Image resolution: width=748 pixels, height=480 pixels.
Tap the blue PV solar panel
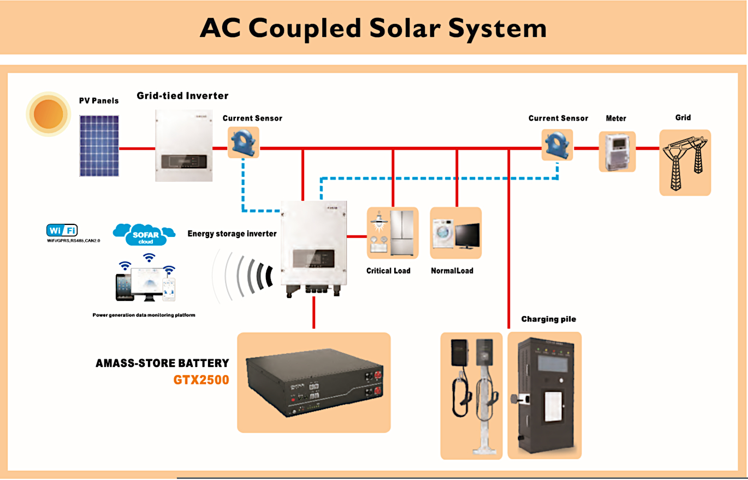[x=99, y=145]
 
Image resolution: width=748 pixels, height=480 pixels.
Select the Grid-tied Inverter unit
[x=183, y=145]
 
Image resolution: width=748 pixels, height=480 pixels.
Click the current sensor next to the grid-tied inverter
[x=243, y=143]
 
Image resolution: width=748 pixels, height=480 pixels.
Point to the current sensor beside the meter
[x=557, y=145]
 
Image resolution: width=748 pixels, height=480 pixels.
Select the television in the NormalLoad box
[x=467, y=236]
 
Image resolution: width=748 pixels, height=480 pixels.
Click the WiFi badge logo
[x=62, y=230]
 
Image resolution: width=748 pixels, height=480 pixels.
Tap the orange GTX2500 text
[x=201, y=379]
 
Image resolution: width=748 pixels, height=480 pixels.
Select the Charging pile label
[x=548, y=319]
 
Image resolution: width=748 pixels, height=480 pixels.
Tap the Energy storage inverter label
[x=232, y=234]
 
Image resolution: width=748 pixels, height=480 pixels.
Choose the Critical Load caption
[x=388, y=270]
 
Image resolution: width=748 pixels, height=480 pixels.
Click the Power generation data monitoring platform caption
[x=144, y=315]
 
